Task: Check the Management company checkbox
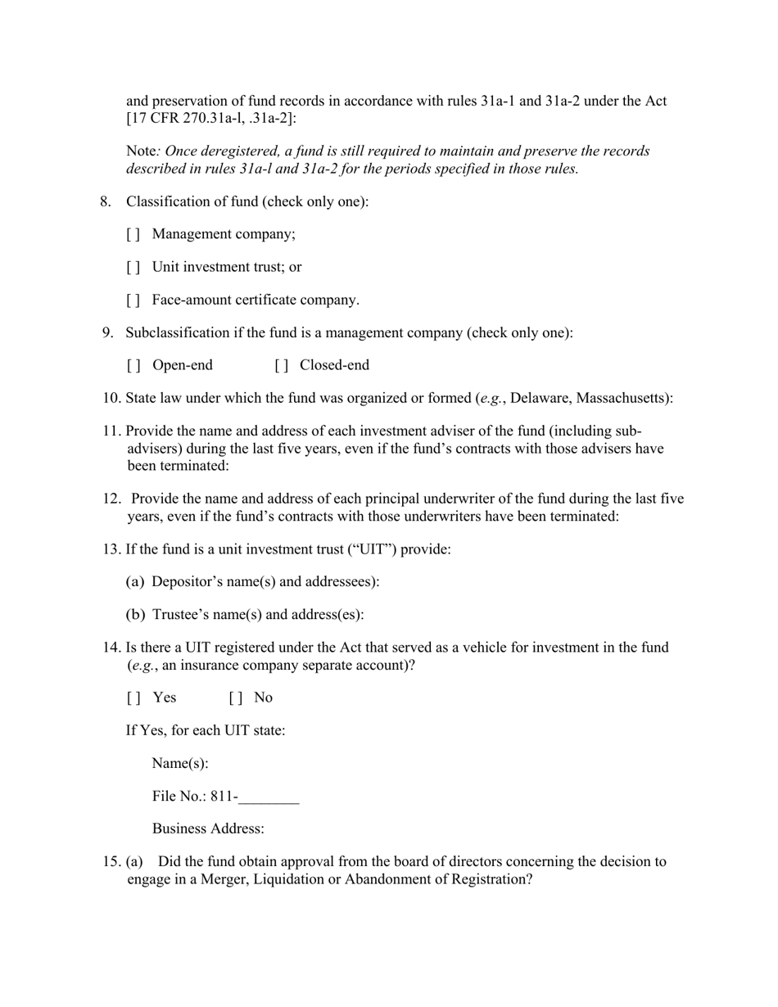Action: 133,234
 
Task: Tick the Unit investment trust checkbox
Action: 133,267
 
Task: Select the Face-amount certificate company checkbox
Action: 133,300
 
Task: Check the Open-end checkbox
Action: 133,365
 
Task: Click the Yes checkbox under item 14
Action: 133,698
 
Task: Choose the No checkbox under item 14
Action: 235,698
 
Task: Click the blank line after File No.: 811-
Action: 269,797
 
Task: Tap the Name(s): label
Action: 180,764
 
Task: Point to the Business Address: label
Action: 208,829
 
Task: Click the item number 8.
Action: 106,201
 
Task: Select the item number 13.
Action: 111,549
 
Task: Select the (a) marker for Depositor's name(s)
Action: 135,581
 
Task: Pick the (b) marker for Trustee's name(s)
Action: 135,614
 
